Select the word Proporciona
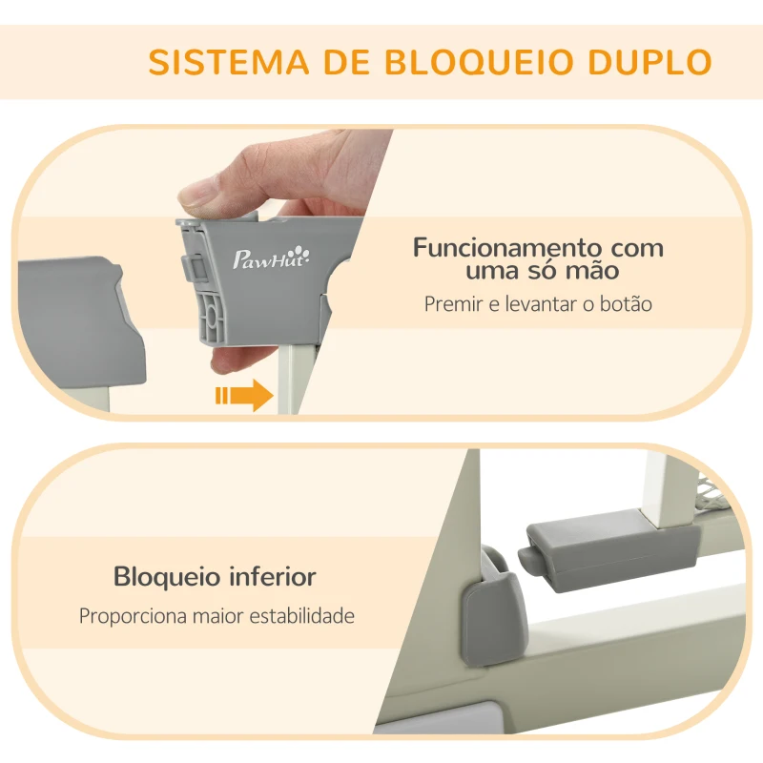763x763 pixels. (x=138, y=616)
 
